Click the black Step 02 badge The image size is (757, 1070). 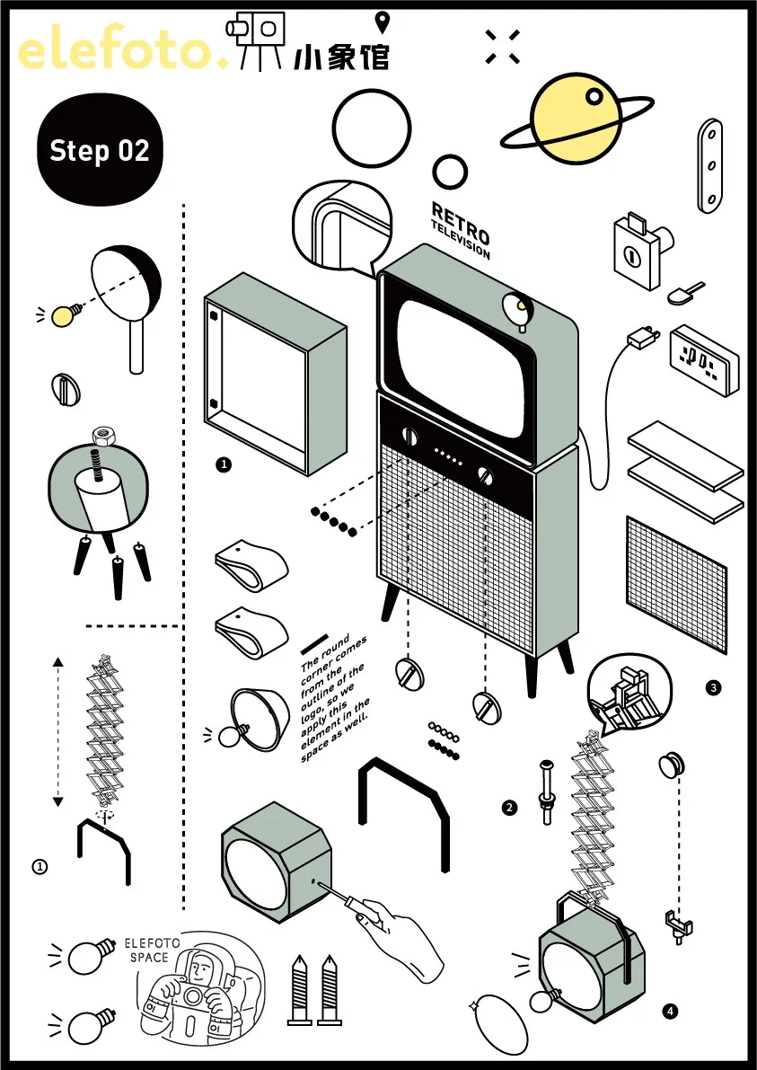pos(100,150)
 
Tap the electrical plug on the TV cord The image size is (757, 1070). pos(641,339)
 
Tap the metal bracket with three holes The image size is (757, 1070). pos(710,166)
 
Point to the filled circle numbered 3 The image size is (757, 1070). pos(713,688)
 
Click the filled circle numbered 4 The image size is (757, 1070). pos(670,1012)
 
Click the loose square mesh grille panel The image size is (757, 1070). pos(676,583)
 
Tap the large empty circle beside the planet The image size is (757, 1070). pos(371,128)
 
